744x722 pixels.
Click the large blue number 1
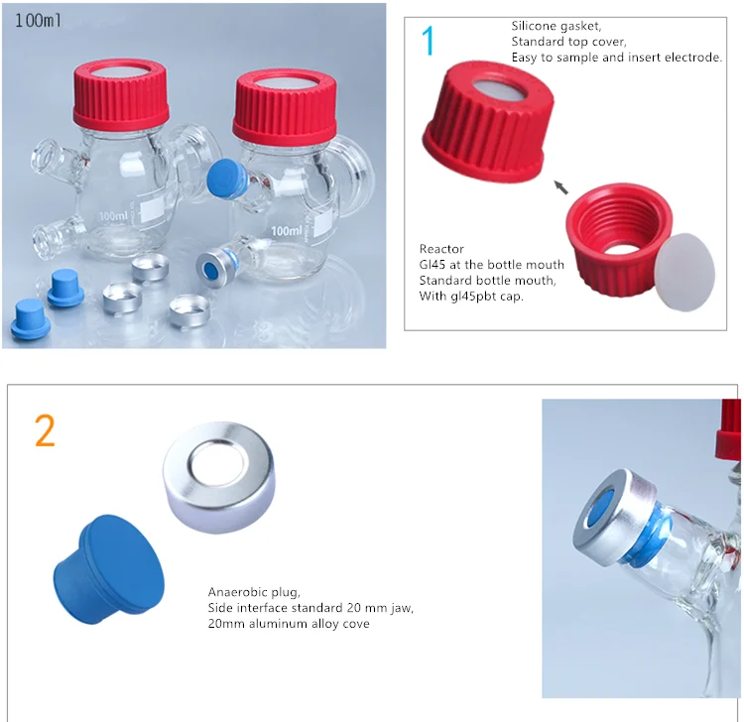(x=428, y=41)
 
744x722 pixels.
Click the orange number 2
(x=45, y=430)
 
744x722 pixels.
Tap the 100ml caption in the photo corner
(x=38, y=21)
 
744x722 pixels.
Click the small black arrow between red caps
(x=561, y=186)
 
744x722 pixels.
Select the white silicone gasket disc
(x=684, y=272)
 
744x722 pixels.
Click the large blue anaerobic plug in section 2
(x=110, y=569)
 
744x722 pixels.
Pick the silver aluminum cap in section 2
(x=219, y=477)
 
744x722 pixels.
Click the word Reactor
(x=441, y=249)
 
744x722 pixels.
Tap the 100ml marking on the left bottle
(x=113, y=216)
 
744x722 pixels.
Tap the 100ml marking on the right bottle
(x=287, y=230)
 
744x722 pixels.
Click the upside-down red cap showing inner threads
(x=618, y=240)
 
